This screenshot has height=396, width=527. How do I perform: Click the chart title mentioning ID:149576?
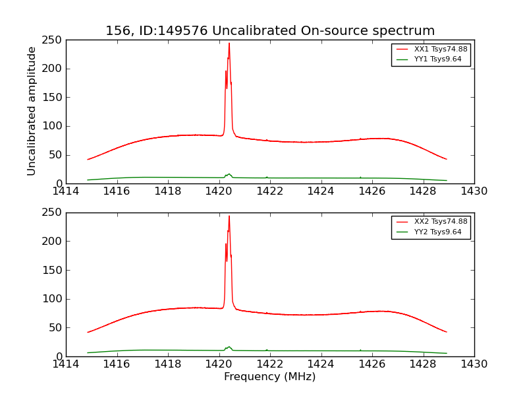pyautogui.click(x=270, y=31)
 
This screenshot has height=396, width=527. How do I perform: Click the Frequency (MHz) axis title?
pyautogui.click(x=270, y=377)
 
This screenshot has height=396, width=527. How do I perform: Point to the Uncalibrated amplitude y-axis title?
pyautogui.click(x=32, y=111)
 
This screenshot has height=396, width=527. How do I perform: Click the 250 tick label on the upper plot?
pyautogui.click(x=54, y=40)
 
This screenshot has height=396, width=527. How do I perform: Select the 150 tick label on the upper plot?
pyautogui.click(x=54, y=98)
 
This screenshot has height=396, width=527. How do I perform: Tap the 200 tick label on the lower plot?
pyautogui.click(x=54, y=242)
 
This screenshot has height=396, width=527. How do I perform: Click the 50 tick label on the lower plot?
pyautogui.click(x=57, y=328)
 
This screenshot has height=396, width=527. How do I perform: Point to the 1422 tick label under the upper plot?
pyautogui.click(x=270, y=191)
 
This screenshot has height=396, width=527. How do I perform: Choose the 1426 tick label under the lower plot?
pyautogui.click(x=372, y=364)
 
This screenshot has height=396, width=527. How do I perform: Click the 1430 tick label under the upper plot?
pyautogui.click(x=474, y=191)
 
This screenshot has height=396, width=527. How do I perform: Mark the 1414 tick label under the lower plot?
pyautogui.click(x=66, y=364)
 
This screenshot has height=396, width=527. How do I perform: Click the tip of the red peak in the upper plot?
pyautogui.click(x=229, y=44)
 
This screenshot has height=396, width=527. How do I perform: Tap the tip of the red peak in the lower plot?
pyautogui.click(x=229, y=216)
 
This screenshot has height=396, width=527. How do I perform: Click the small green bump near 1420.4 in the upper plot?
pyautogui.click(x=229, y=174)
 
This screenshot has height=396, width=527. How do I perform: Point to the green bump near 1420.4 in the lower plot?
pyautogui.click(x=229, y=347)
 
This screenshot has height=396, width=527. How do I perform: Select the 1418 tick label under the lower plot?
pyautogui.click(x=168, y=364)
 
